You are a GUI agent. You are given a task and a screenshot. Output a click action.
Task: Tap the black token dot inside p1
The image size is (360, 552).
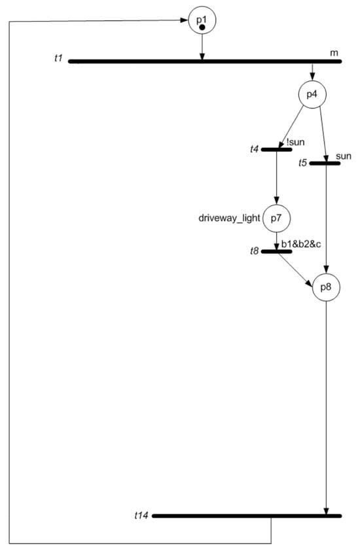click(202, 27)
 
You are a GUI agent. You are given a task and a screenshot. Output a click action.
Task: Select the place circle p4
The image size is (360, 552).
click(312, 94)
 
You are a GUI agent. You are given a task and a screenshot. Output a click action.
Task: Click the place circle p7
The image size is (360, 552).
click(276, 218)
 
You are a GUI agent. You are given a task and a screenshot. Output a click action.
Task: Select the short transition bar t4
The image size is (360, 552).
click(276, 150)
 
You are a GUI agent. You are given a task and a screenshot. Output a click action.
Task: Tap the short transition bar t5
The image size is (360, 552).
click(324, 163)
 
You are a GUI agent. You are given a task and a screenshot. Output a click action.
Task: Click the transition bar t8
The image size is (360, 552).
click(276, 250)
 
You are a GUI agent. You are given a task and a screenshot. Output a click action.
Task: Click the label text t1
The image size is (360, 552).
click(58, 60)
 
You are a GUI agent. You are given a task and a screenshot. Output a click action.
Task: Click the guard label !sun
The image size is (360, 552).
click(295, 142)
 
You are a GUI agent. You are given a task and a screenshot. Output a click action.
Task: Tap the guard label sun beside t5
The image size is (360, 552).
click(343, 157)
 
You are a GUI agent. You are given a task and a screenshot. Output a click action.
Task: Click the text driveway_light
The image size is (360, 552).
click(229, 218)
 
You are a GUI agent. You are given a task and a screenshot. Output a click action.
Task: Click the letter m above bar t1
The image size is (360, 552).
click(334, 53)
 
